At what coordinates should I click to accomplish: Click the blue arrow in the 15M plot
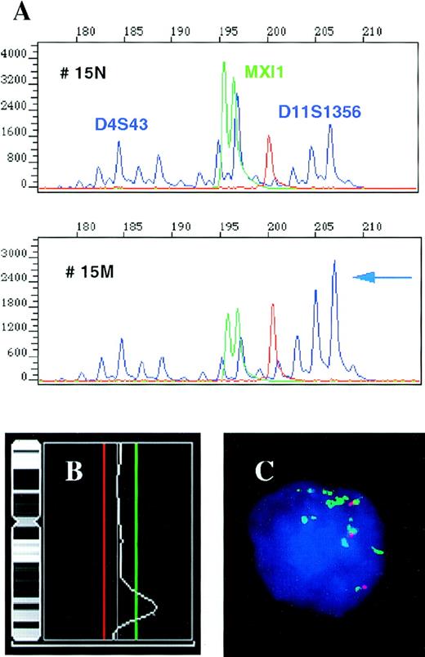pos(382,278)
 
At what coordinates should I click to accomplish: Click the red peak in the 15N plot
pos(268,159)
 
